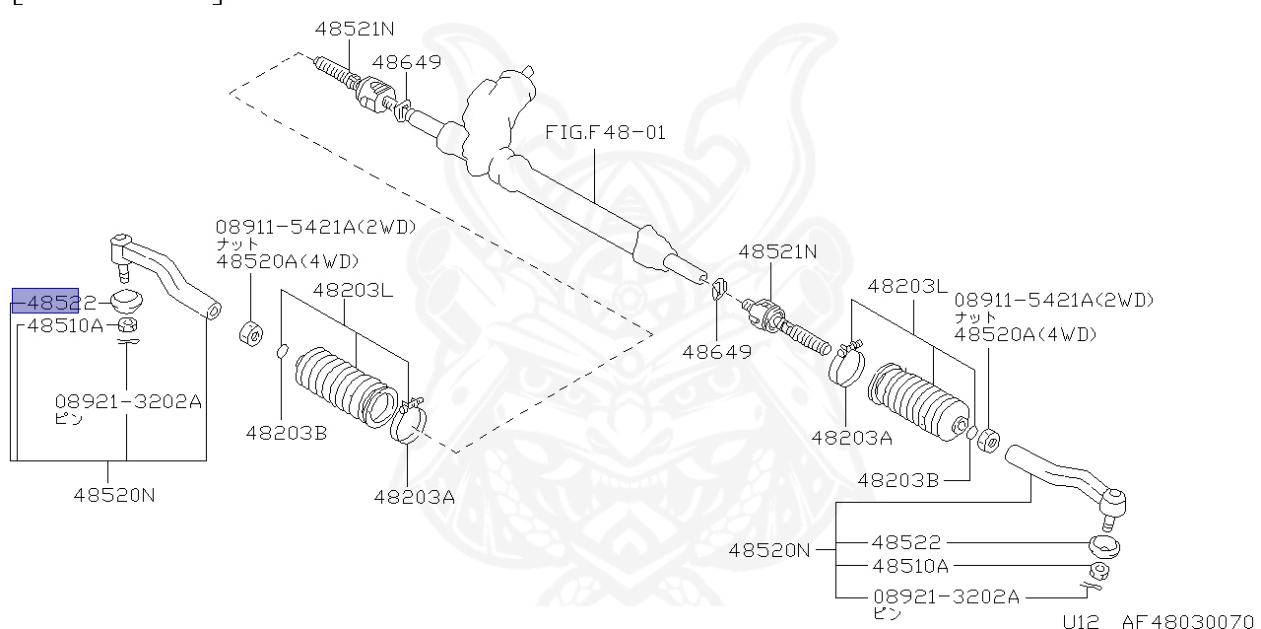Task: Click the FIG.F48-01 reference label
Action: click(605, 132)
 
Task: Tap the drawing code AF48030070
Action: click(1190, 621)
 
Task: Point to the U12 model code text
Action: click(1081, 621)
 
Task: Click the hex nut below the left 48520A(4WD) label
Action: click(250, 332)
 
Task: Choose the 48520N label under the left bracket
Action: click(114, 495)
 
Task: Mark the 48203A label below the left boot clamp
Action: click(414, 497)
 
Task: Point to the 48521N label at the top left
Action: click(355, 30)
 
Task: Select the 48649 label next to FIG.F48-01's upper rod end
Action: click(407, 63)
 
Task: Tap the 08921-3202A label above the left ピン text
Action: click(128, 401)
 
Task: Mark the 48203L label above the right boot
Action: click(906, 286)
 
